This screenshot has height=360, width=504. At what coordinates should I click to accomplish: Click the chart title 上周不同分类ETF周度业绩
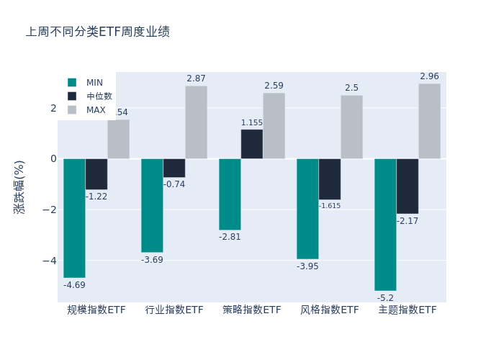coord(98,32)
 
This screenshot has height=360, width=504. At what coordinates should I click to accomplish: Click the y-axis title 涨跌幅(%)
coord(19,186)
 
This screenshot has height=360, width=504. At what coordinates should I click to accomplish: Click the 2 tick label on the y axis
coord(53,108)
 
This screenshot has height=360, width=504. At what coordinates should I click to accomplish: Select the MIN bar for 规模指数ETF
coord(74,217)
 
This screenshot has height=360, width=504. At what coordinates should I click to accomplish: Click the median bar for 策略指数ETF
coord(252,144)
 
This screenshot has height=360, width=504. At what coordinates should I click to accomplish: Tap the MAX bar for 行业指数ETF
coord(196,122)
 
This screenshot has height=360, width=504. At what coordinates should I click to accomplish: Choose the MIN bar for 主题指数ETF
coord(385,224)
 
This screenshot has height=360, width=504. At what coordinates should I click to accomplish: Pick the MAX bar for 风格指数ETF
coord(351,127)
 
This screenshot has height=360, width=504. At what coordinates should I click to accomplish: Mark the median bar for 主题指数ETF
coord(407,186)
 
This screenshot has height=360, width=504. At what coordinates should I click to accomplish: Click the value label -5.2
coord(385,298)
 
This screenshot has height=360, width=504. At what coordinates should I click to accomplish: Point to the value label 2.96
coord(429,76)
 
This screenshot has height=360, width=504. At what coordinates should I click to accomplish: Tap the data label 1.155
coord(252,123)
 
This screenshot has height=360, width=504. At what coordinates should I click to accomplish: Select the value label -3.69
coord(152,260)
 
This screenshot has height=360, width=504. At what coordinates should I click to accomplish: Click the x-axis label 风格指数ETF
coord(330,310)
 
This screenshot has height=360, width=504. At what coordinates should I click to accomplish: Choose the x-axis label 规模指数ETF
coord(96,310)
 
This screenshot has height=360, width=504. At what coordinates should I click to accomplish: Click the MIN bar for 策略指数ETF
coord(230,194)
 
